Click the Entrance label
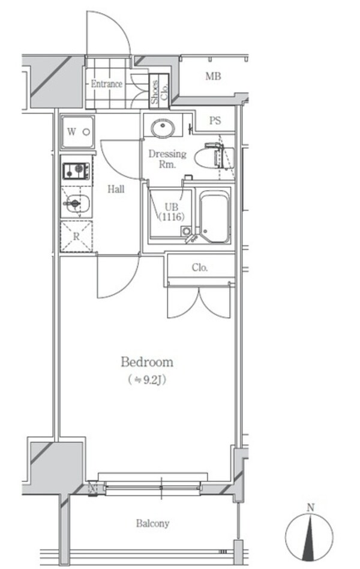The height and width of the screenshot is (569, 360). tap(106, 84)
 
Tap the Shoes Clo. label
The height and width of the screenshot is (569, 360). tap(158, 93)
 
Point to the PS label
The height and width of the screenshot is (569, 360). tap(215, 121)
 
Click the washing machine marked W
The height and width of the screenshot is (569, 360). tap(77, 132)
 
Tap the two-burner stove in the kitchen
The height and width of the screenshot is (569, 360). tap(77, 170)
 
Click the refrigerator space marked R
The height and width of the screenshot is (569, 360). tap(76, 236)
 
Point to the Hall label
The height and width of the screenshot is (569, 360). tap(116, 189)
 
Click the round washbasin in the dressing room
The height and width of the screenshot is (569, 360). tap(161, 127)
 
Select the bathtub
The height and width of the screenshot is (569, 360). tap(214, 217)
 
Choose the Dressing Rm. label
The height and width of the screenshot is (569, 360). tap(167, 159)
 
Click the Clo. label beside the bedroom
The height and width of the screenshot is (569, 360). tap(200, 268)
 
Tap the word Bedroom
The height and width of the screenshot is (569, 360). tap(147, 362)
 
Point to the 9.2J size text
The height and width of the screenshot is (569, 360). tap(147, 379)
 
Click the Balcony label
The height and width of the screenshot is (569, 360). tap(152, 523)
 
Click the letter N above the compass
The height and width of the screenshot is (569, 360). tap(310, 508)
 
